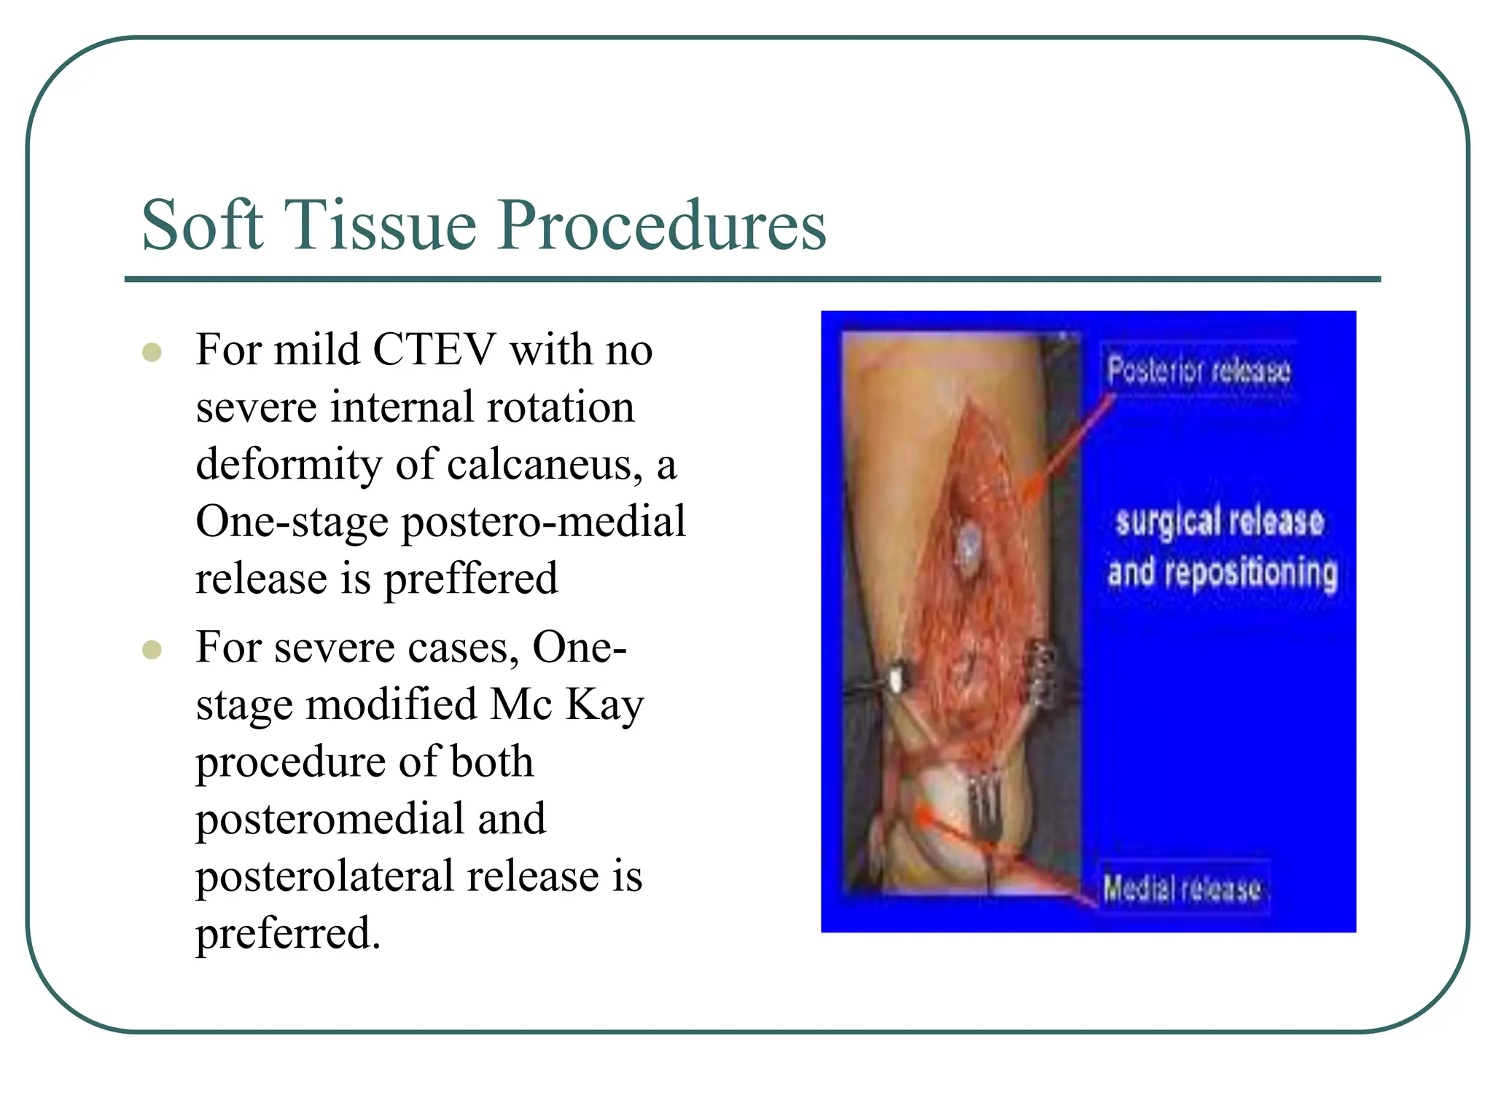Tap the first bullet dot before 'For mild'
pos(152,353)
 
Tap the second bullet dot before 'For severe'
pos(152,649)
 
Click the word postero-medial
pos(543,522)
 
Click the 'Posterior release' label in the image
pos(1198,370)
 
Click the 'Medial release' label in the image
pos(1182,887)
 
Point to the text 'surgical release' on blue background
pos(1219,522)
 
